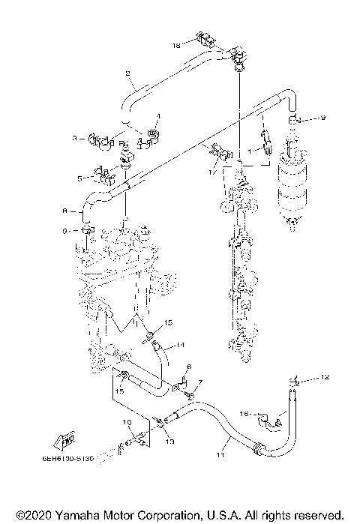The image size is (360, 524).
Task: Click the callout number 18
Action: (x=176, y=46)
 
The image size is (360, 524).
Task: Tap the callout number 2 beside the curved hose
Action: (x=127, y=73)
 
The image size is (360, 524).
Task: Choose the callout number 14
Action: (x=170, y=346)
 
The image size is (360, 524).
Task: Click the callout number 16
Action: (x=242, y=412)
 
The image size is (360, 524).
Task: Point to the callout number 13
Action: (x=169, y=442)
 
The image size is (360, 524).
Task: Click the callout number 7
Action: (x=199, y=382)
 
